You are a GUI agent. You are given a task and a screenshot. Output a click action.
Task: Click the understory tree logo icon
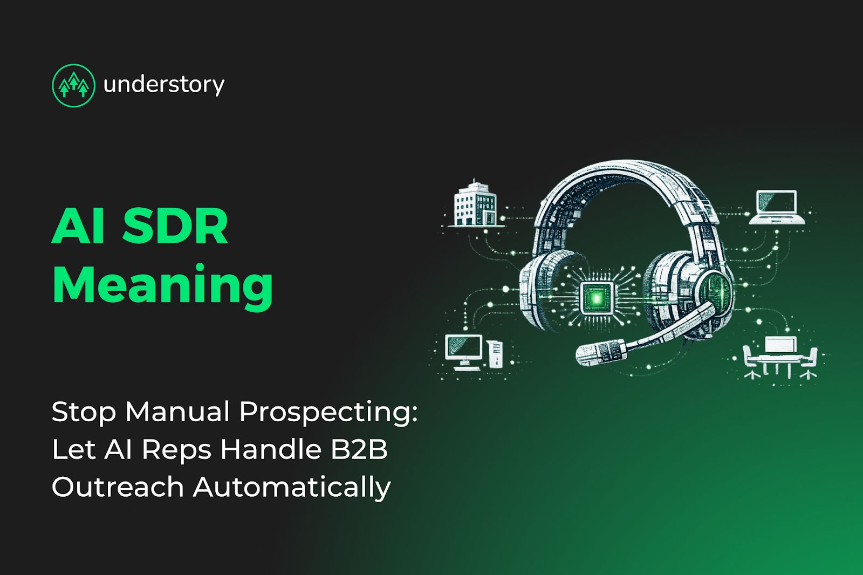pos(73,85)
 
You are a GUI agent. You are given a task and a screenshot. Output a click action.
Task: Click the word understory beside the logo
pos(163,85)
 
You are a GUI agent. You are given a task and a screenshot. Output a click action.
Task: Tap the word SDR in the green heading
pos(175,227)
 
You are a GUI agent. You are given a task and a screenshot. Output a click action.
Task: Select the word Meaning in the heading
pos(162,285)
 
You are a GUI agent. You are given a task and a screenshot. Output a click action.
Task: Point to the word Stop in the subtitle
pos(84,412)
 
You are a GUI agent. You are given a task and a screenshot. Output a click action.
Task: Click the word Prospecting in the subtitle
pos(328,412)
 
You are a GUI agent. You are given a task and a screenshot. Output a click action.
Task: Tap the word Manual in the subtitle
pos(177,412)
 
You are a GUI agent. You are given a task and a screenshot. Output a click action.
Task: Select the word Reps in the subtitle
pos(176,450)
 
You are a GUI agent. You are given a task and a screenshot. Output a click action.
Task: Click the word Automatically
pos(292,487)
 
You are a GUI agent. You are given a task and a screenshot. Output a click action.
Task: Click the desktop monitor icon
pos(464,351)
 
